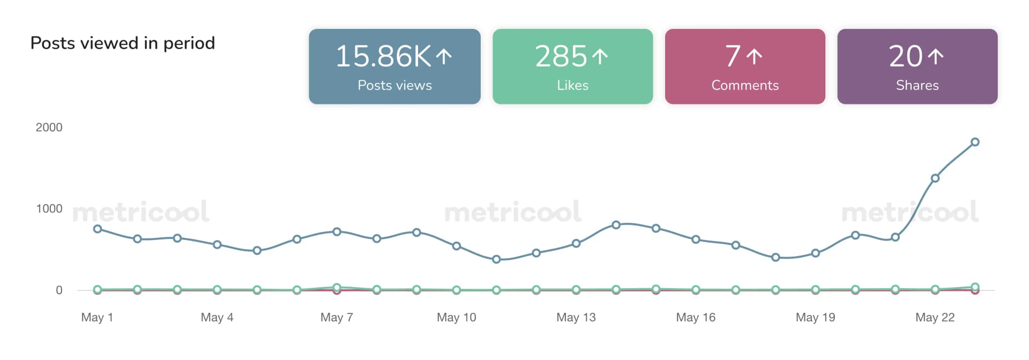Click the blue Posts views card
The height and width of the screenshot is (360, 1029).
(394, 66)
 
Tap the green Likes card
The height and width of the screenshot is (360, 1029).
(572, 66)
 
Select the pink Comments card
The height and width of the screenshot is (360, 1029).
(745, 66)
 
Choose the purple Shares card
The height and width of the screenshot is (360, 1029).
(917, 66)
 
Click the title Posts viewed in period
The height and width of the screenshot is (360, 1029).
(123, 43)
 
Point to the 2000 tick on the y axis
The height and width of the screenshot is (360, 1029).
(49, 127)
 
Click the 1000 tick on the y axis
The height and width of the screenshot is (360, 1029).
(49, 209)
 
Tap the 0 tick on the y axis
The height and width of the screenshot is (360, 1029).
(59, 290)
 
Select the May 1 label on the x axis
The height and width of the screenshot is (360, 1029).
(97, 317)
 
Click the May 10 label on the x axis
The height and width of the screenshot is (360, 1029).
(456, 317)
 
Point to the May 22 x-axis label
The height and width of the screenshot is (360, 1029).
(935, 317)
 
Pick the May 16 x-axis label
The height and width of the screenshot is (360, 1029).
(696, 317)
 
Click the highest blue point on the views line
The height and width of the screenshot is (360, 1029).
(975, 142)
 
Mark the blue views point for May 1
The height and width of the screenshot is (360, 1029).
(98, 229)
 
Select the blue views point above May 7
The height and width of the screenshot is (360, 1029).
(337, 232)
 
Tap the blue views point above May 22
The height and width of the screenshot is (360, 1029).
(935, 178)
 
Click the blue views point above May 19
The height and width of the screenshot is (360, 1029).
(815, 253)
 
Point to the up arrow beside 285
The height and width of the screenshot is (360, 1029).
(600, 56)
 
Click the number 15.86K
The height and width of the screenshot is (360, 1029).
(383, 56)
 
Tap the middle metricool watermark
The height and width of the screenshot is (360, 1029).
(513, 212)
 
